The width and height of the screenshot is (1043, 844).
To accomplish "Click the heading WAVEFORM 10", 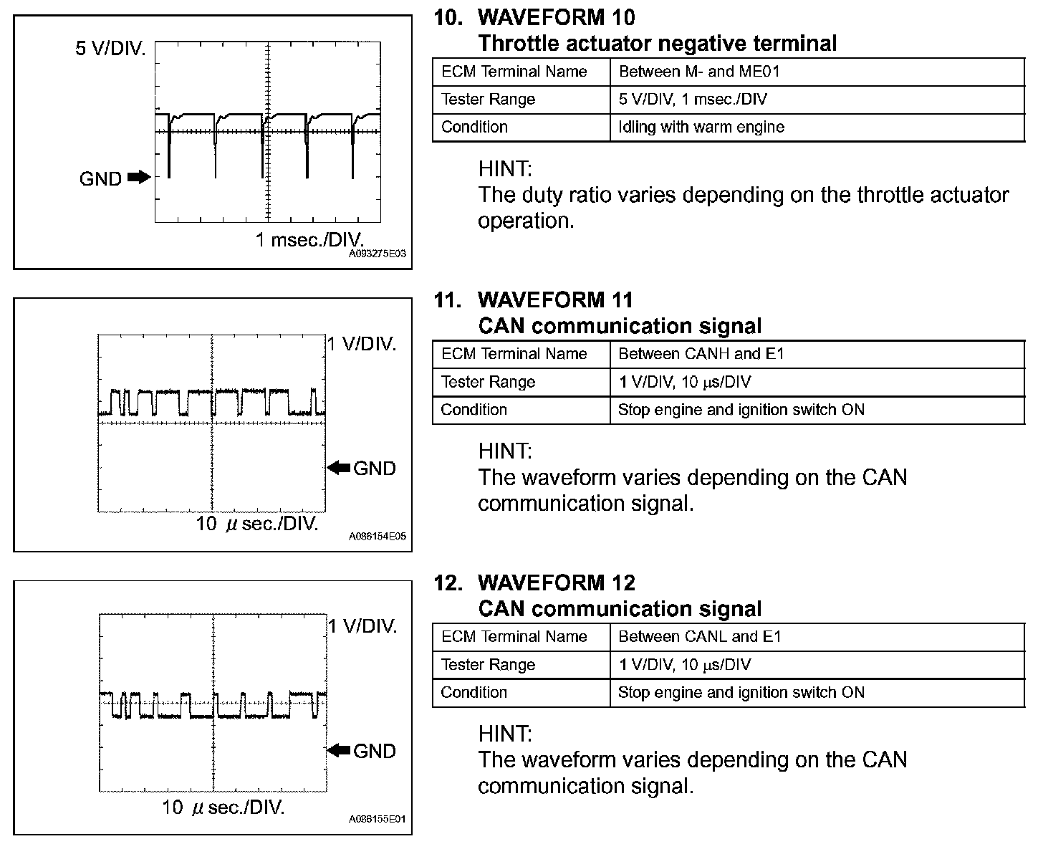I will click(x=556, y=17).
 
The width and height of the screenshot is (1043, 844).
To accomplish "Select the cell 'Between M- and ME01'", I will click(x=699, y=72).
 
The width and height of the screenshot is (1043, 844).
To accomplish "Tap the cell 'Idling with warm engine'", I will click(x=701, y=128).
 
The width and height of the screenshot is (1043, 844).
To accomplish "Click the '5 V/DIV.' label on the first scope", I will click(x=111, y=49).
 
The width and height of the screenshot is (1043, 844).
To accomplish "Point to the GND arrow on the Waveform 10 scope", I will click(x=138, y=177).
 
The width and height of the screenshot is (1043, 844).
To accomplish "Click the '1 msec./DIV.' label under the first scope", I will click(x=309, y=239).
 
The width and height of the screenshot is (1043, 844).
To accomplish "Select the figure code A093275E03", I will click(x=378, y=254).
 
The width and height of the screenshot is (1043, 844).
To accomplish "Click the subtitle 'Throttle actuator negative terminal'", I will click(x=657, y=44).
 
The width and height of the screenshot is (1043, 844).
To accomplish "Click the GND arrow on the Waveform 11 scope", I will click(x=340, y=468).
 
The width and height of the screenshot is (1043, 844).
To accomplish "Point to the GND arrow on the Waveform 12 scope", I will click(x=340, y=751).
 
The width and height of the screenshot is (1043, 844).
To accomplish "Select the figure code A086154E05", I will click(x=378, y=536).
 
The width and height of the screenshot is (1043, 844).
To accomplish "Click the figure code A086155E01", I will click(x=378, y=819).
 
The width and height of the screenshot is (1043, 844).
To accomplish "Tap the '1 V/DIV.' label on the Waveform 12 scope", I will click(x=362, y=627).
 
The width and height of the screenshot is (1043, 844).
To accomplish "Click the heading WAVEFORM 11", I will click(x=555, y=299).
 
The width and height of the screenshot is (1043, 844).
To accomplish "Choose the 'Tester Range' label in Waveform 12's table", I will click(x=489, y=665).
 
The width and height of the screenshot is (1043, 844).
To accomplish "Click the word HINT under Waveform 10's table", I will click(x=505, y=169).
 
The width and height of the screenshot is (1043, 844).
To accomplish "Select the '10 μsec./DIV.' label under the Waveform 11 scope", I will click(x=257, y=524).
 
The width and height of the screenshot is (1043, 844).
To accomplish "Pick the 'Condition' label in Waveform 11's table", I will click(x=474, y=410).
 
